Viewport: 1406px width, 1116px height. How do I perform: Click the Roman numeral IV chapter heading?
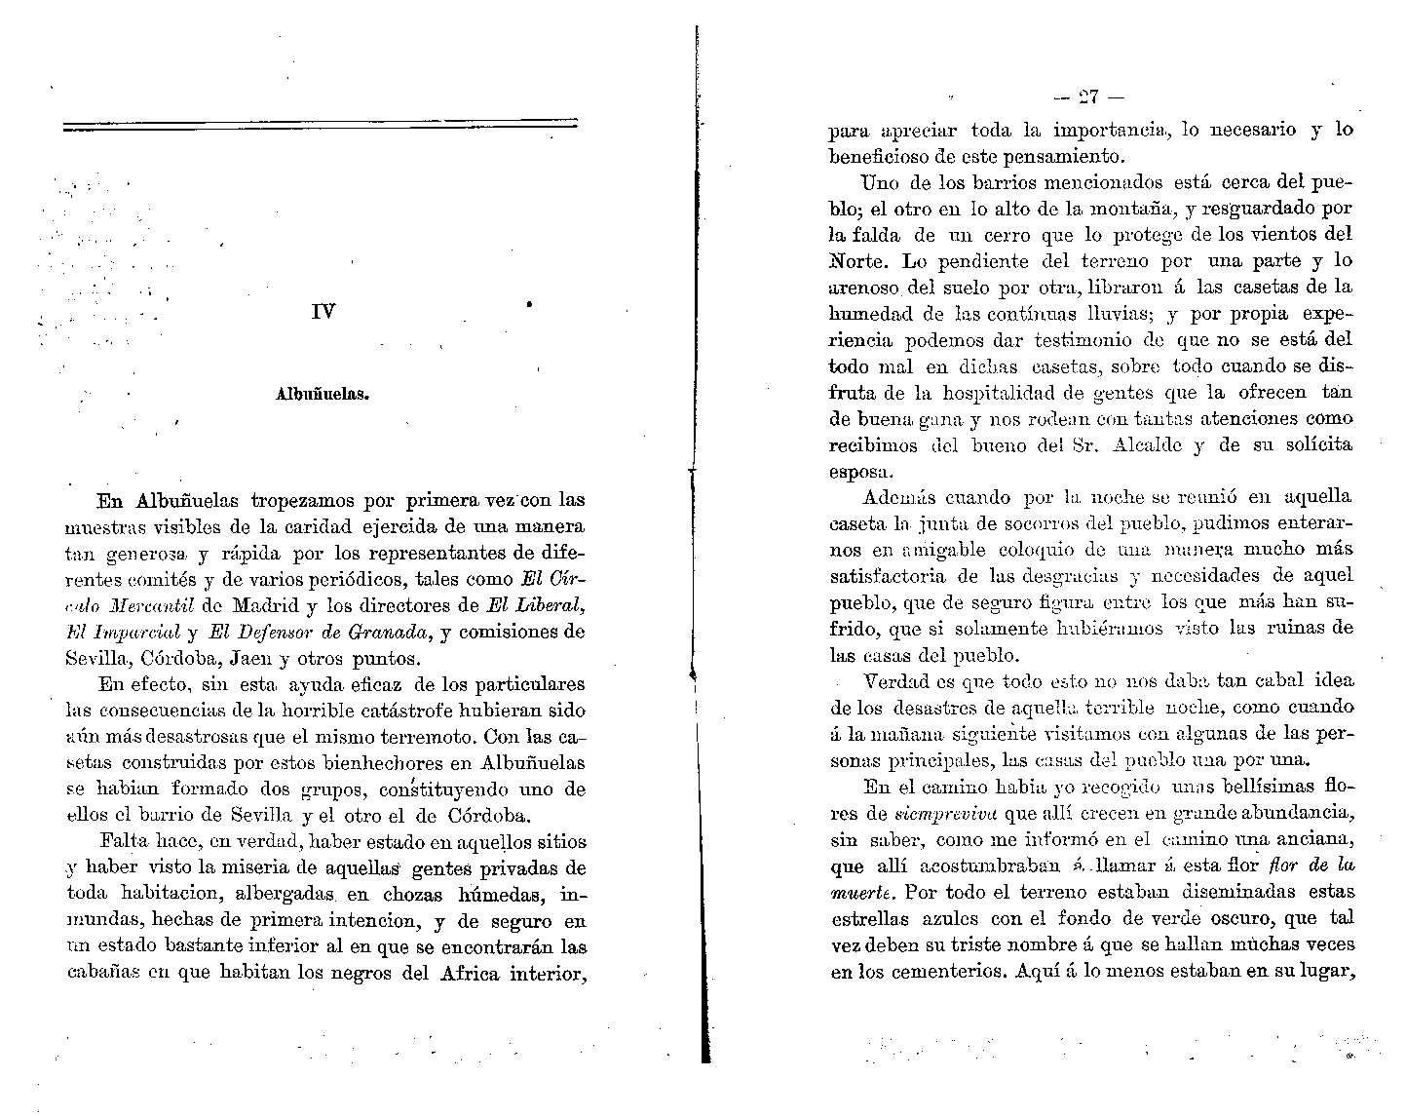coord(323,313)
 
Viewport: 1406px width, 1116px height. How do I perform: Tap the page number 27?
coord(1088,96)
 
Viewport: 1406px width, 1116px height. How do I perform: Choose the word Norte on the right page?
coord(861,262)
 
